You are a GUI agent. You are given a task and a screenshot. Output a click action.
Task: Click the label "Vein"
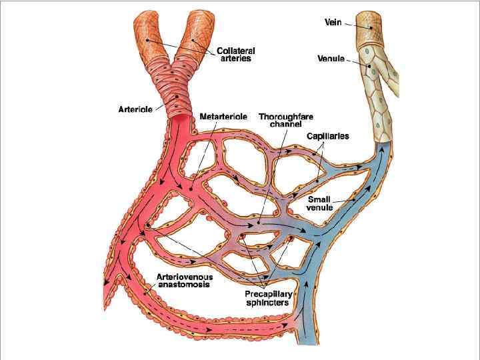point(333,23)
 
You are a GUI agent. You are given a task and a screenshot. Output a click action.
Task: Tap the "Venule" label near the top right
point(331,59)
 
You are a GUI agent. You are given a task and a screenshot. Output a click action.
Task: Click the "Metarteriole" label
point(223,117)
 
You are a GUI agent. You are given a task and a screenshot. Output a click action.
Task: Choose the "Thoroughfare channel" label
point(286,120)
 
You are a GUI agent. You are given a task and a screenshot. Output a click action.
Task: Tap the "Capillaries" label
point(327,137)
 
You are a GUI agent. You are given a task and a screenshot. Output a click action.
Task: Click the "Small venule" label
point(319,203)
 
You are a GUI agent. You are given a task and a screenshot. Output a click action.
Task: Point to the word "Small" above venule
point(319,199)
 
